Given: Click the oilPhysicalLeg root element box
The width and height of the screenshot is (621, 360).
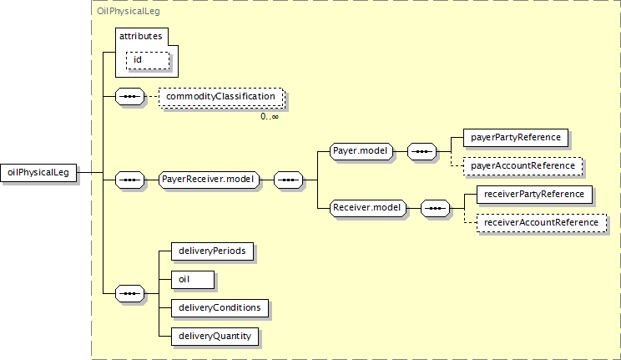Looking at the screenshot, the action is [38, 172].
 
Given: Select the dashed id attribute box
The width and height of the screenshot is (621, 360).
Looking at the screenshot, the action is [148, 60].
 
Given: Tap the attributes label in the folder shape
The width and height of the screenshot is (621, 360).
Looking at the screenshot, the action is [140, 36].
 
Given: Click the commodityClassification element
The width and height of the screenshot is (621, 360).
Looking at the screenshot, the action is [221, 97].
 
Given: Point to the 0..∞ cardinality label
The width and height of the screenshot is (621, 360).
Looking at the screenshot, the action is [270, 117].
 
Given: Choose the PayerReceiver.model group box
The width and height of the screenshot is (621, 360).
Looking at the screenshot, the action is [210, 180].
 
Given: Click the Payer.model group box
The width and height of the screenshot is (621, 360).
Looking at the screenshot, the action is [361, 151].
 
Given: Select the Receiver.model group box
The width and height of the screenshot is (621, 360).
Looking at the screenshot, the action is [367, 208].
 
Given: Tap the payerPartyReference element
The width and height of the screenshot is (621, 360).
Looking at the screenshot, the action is [516, 138].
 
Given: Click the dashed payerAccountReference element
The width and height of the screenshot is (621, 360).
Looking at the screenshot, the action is [523, 166].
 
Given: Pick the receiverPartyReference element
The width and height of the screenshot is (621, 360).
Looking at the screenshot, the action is [534, 195].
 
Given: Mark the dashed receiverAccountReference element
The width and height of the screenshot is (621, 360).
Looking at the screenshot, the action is [542, 223].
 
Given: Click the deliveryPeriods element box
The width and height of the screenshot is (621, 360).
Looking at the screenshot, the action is [212, 251].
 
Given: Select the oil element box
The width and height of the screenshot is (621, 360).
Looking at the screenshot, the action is [193, 280].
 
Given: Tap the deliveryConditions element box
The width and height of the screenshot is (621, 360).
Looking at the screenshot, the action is [220, 308].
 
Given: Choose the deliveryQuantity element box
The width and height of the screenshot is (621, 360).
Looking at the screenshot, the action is [215, 337].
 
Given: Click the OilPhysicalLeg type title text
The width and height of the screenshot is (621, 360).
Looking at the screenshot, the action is [129, 11].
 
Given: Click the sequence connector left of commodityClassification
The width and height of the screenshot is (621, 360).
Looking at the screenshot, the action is [130, 96].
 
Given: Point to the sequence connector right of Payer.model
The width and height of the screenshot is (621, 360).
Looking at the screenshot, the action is [422, 151].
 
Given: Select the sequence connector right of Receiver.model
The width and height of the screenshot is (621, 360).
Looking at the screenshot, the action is [435, 208].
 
